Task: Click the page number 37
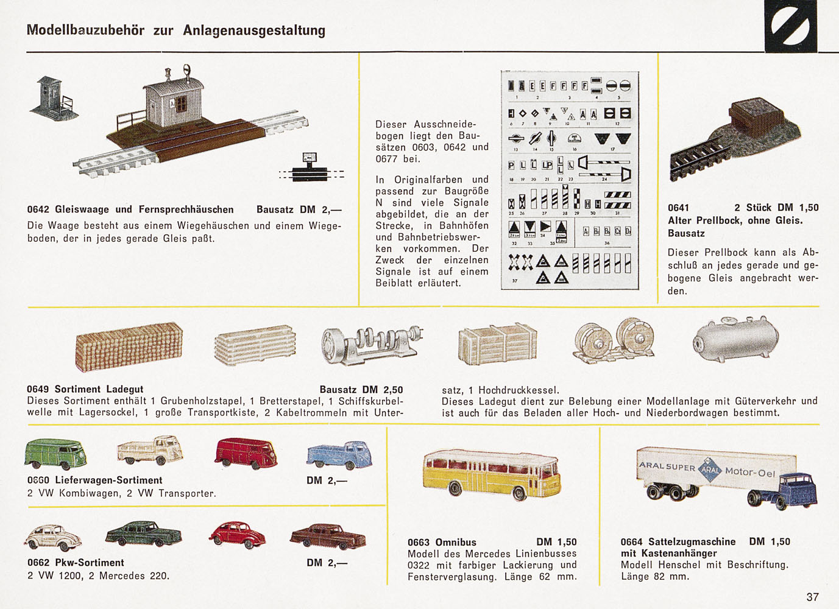click(812, 597)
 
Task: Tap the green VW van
click(55, 454)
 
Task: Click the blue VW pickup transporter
click(339, 455)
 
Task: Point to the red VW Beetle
click(237, 534)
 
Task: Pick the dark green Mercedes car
click(144, 533)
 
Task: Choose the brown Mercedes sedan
click(328, 536)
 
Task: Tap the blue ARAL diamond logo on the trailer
click(709, 470)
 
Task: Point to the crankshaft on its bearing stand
click(372, 344)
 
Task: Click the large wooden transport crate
click(497, 343)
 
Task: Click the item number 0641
click(678, 208)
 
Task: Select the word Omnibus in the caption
click(456, 542)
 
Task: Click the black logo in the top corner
click(790, 26)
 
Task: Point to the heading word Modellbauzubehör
click(85, 30)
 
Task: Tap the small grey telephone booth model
click(54, 97)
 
